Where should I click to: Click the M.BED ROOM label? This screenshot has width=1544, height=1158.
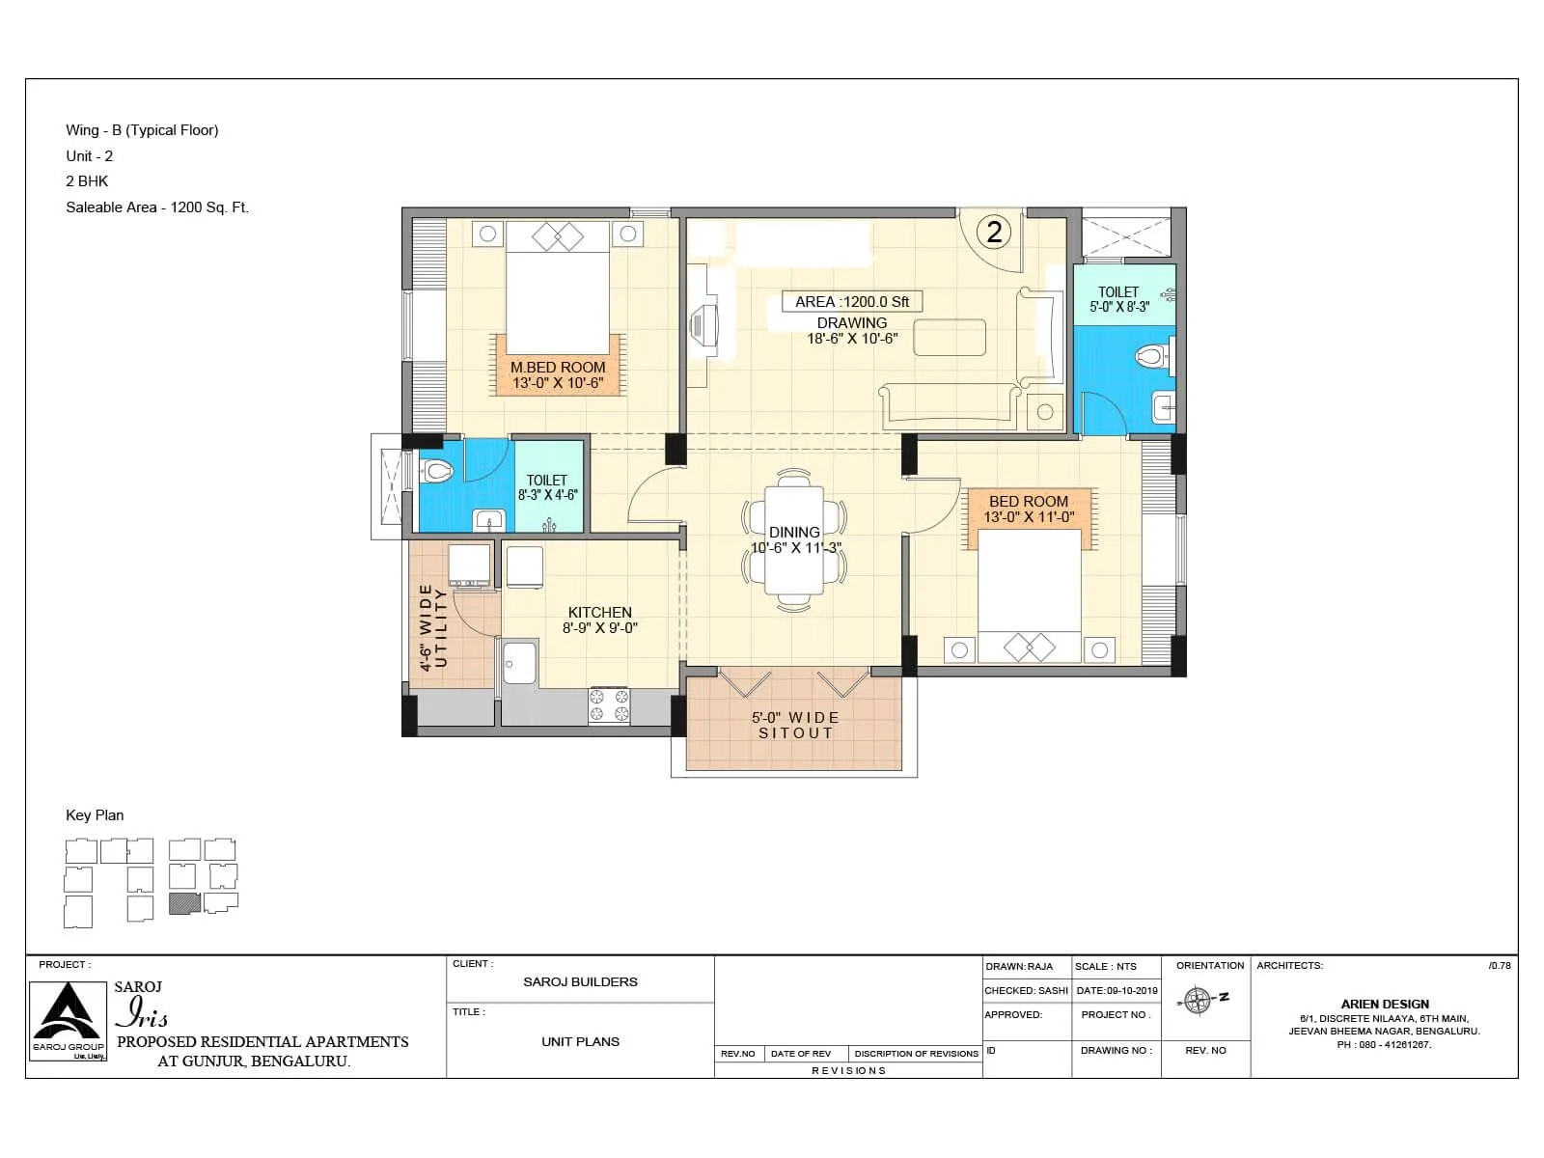pyautogui.click(x=558, y=368)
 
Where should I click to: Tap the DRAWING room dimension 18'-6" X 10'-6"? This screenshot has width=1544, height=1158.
pyautogui.click(x=852, y=339)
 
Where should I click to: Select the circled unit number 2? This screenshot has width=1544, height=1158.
pyautogui.click(x=994, y=232)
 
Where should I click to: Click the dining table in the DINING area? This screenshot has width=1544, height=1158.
pyautogui.click(x=794, y=540)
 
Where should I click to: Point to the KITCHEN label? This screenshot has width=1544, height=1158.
pyautogui.click(x=599, y=613)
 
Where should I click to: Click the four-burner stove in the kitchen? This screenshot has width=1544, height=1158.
pyautogui.click(x=609, y=705)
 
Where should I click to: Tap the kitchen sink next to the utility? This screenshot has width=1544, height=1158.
pyautogui.click(x=519, y=662)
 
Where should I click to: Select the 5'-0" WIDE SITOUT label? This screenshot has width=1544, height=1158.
pyautogui.click(x=795, y=725)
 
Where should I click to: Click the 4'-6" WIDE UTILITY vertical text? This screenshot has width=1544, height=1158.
pyautogui.click(x=433, y=627)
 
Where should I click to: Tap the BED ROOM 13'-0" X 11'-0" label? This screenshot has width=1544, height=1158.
pyautogui.click(x=1029, y=509)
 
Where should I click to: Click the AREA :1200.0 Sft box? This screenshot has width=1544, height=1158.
pyautogui.click(x=852, y=302)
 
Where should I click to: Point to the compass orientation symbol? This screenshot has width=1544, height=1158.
pyautogui.click(x=1199, y=1001)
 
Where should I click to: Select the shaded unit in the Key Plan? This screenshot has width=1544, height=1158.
pyautogui.click(x=183, y=903)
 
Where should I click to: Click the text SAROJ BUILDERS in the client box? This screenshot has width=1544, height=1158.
pyautogui.click(x=580, y=982)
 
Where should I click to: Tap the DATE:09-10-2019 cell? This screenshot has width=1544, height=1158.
pyautogui.click(x=1117, y=990)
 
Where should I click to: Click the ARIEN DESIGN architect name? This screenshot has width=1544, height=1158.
pyautogui.click(x=1384, y=1004)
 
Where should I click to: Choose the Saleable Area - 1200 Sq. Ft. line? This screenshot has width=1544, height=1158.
pyautogui.click(x=157, y=207)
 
